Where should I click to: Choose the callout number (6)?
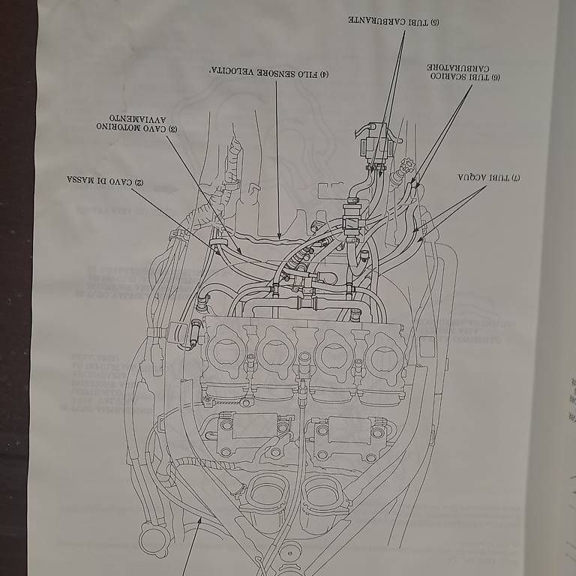495,76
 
